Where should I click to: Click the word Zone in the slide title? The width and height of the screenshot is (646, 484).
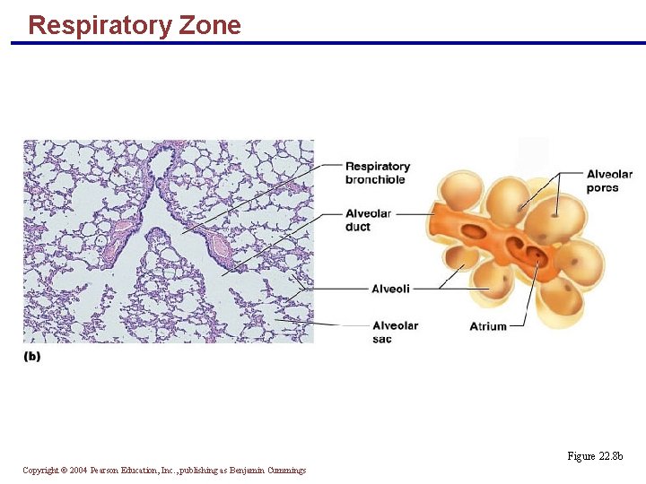(210, 25)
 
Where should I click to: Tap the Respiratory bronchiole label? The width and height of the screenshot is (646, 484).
(377, 173)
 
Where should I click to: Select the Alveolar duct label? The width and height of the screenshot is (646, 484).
(368, 220)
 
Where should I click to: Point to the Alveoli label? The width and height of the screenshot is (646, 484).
(390, 289)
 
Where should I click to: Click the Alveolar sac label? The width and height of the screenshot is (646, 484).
(395, 332)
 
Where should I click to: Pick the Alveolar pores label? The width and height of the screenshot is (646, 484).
(609, 181)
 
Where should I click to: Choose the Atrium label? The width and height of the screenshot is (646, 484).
(488, 326)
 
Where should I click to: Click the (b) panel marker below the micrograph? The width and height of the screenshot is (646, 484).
(31, 356)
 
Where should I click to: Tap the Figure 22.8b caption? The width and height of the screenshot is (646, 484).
(595, 456)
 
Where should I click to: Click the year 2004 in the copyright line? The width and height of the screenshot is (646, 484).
(78, 471)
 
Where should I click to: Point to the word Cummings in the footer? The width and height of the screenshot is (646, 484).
(286, 471)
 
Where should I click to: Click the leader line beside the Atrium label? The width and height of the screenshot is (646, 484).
(519, 326)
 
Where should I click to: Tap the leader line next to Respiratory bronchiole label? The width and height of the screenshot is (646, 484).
(327, 166)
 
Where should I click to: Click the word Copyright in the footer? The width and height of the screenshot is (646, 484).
(41, 471)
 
